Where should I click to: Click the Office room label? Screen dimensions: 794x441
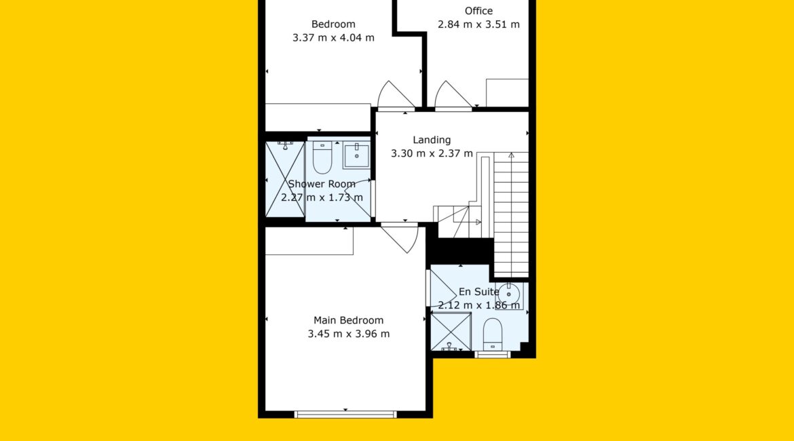[478, 11]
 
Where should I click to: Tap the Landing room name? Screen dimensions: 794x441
[432, 140]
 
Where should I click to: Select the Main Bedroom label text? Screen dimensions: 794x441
[348, 320]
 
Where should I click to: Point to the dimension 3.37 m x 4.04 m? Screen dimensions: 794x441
[333, 37]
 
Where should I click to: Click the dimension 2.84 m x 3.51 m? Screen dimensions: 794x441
[478, 24]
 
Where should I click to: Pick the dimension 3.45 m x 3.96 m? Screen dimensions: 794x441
[348, 334]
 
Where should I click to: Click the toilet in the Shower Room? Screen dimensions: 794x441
[322, 157]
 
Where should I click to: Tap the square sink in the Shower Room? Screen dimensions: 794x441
[356, 155]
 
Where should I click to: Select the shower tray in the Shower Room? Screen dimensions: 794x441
[284, 179]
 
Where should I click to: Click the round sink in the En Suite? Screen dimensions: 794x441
[509, 294]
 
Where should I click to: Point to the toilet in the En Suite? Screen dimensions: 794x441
[493, 334]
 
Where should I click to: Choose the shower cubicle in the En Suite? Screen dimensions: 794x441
[451, 332]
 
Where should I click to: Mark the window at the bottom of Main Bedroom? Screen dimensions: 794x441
[345, 414]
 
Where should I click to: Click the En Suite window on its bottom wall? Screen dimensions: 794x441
[493, 354]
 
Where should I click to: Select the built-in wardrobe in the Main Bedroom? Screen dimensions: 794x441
[309, 241]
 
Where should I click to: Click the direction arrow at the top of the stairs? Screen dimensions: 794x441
[512, 155]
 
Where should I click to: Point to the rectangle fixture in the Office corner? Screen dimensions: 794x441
[507, 93]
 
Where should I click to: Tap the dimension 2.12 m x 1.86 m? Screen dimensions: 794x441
[478, 305]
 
